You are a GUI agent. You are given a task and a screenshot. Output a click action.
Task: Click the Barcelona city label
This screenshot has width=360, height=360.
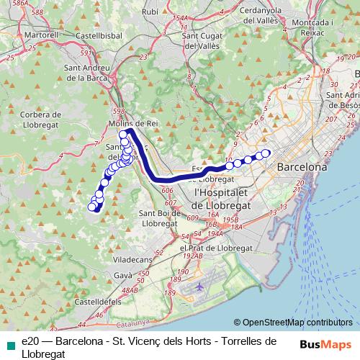[302, 167]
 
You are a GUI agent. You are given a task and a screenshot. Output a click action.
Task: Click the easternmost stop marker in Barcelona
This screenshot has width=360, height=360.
[266, 152]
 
